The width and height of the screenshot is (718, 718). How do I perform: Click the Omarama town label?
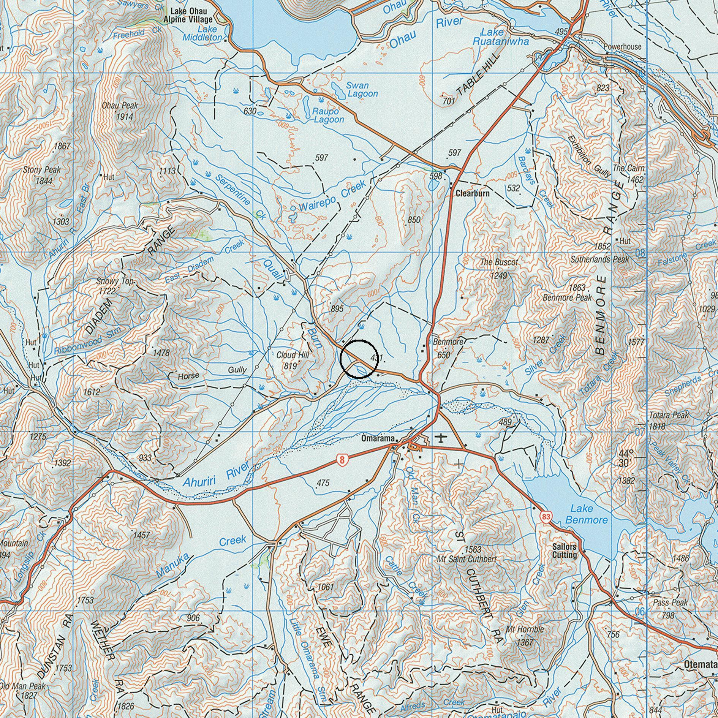click(378, 438)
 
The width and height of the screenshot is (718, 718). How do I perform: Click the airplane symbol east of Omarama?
click(440, 438)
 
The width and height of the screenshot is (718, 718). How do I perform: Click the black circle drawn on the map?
click(359, 359)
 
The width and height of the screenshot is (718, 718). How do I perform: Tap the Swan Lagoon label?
click(362, 90)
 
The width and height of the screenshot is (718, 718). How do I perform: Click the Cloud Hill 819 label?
click(293, 360)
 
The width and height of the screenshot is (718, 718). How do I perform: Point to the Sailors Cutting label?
click(564, 551)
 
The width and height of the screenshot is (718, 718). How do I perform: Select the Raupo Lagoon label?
click(329, 115)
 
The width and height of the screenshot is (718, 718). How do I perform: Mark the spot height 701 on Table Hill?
click(449, 101)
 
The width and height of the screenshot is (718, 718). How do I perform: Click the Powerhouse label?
click(622, 47)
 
